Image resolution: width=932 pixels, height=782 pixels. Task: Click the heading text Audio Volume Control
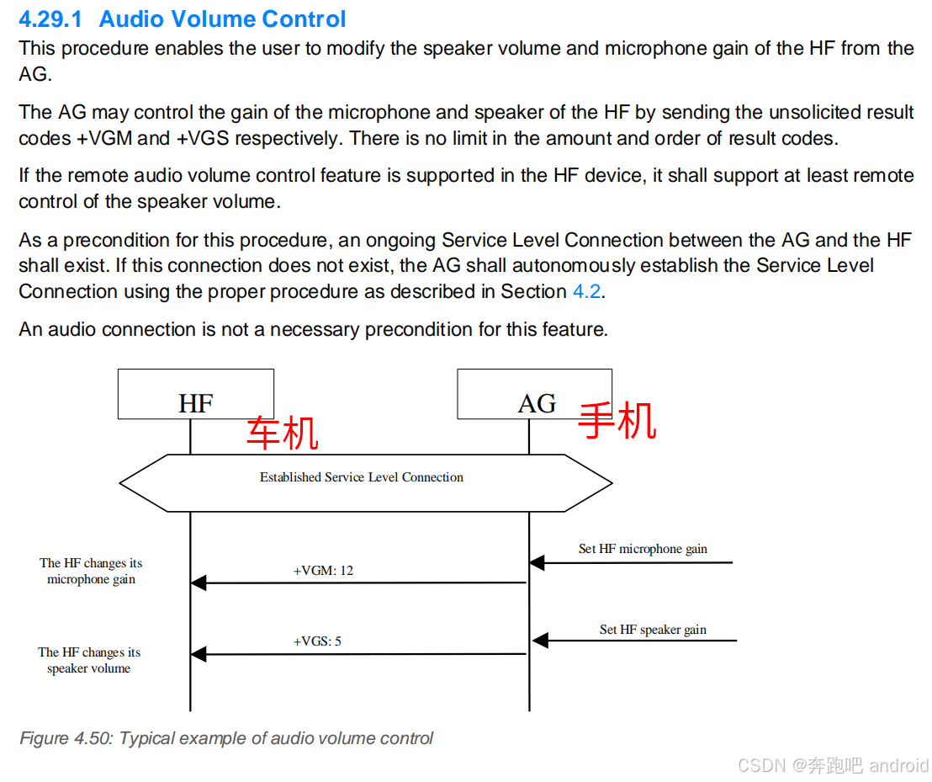[x=222, y=19]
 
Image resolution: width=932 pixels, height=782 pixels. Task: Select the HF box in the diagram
[x=195, y=394]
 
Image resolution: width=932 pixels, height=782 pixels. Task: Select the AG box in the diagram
[x=534, y=394]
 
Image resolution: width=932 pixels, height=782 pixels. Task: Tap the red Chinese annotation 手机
[x=617, y=420]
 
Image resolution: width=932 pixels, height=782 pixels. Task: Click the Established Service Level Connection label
[x=362, y=477]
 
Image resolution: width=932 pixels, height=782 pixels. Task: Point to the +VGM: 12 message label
[x=323, y=571]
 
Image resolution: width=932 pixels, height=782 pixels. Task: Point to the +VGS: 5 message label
[x=317, y=641]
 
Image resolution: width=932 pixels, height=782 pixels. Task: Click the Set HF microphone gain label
[x=643, y=549]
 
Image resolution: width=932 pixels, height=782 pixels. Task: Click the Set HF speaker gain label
[x=653, y=630]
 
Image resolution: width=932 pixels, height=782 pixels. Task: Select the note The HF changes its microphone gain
[x=91, y=571]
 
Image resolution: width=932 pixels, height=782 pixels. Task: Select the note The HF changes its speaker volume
[x=89, y=660]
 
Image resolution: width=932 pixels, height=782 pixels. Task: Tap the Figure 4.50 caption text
[x=226, y=738]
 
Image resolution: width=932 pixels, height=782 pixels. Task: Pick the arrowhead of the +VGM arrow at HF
[x=199, y=583]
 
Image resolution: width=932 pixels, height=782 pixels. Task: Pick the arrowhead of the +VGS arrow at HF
[x=199, y=654]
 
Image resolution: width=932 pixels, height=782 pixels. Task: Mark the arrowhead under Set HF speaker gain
[x=540, y=641]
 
